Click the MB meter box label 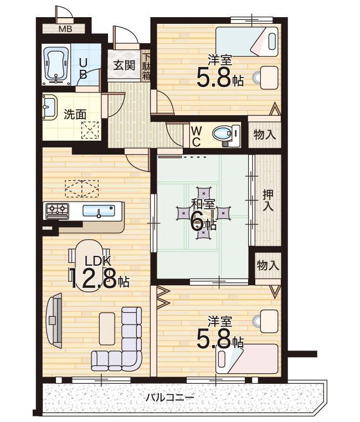(x=65, y=29)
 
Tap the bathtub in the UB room (x=56, y=65)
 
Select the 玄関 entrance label (x=124, y=65)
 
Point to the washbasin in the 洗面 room (x=49, y=107)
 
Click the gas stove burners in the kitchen (x=57, y=211)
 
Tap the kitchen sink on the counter (x=99, y=211)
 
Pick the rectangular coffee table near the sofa (x=107, y=328)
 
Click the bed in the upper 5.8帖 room (x=246, y=42)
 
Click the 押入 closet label (x=268, y=200)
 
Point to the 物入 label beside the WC (x=265, y=135)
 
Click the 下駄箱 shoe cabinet (x=146, y=66)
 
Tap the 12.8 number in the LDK (x=94, y=280)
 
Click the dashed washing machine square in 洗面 (x=90, y=130)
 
